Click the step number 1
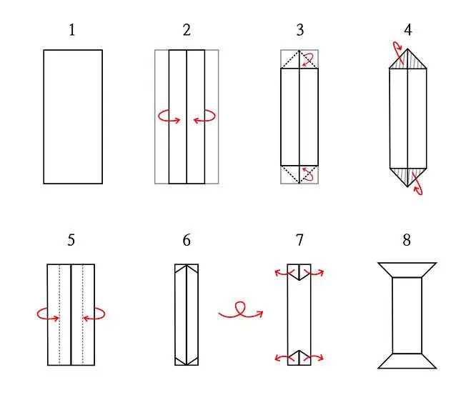click(71, 30)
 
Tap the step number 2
click(187, 30)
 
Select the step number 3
click(299, 30)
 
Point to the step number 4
click(407, 30)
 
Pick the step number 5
click(71, 240)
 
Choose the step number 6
click(187, 240)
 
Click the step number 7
click(299, 240)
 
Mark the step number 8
click(407, 240)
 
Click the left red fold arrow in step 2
click(169, 117)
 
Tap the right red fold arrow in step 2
click(204, 117)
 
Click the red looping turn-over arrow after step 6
click(241, 311)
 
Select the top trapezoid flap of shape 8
click(407, 270)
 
